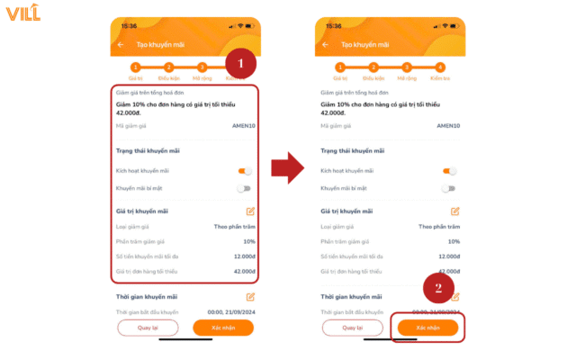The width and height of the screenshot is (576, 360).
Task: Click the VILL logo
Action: [22, 13]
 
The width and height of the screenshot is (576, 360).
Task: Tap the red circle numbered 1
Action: [239, 65]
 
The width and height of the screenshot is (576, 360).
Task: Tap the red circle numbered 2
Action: [438, 289]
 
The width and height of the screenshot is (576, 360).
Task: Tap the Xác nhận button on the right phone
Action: [428, 328]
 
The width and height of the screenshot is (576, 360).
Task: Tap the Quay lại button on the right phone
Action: [359, 328]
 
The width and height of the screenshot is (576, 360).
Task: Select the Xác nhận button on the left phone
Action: [224, 328]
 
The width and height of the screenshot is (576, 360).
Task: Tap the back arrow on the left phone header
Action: [121, 44]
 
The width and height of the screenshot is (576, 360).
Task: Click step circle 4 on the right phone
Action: [439, 67]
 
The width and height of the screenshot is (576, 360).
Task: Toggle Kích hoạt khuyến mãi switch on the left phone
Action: [244, 170]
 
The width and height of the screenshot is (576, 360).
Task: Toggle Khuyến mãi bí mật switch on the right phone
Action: [448, 188]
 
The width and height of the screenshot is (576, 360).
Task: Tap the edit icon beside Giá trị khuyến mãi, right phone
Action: [454, 211]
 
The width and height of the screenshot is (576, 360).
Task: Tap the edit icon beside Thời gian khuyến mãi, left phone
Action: [250, 296]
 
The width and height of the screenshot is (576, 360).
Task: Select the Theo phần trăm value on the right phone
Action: [439, 227]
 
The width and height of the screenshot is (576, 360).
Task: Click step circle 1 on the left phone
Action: [136, 67]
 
